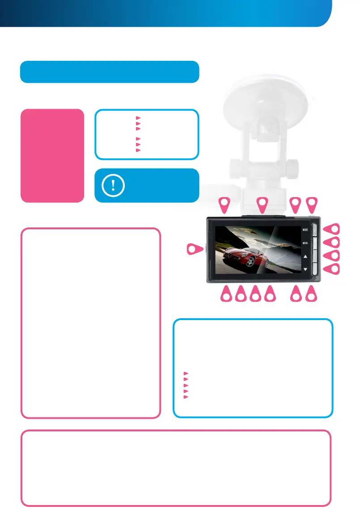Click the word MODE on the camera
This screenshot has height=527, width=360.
305,230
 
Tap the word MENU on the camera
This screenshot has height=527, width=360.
305,244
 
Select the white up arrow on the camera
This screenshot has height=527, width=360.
305,257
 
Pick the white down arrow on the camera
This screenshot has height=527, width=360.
305,270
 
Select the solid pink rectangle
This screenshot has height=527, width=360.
52,156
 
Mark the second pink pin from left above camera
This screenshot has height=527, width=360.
263,205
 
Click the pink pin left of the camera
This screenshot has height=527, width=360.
194,249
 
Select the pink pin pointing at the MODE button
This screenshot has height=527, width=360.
332,229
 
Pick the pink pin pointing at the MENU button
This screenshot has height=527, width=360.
332,243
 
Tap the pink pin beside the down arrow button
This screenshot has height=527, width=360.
332,269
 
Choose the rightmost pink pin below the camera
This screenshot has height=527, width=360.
312,294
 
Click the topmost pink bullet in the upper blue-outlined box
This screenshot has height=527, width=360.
139,118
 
